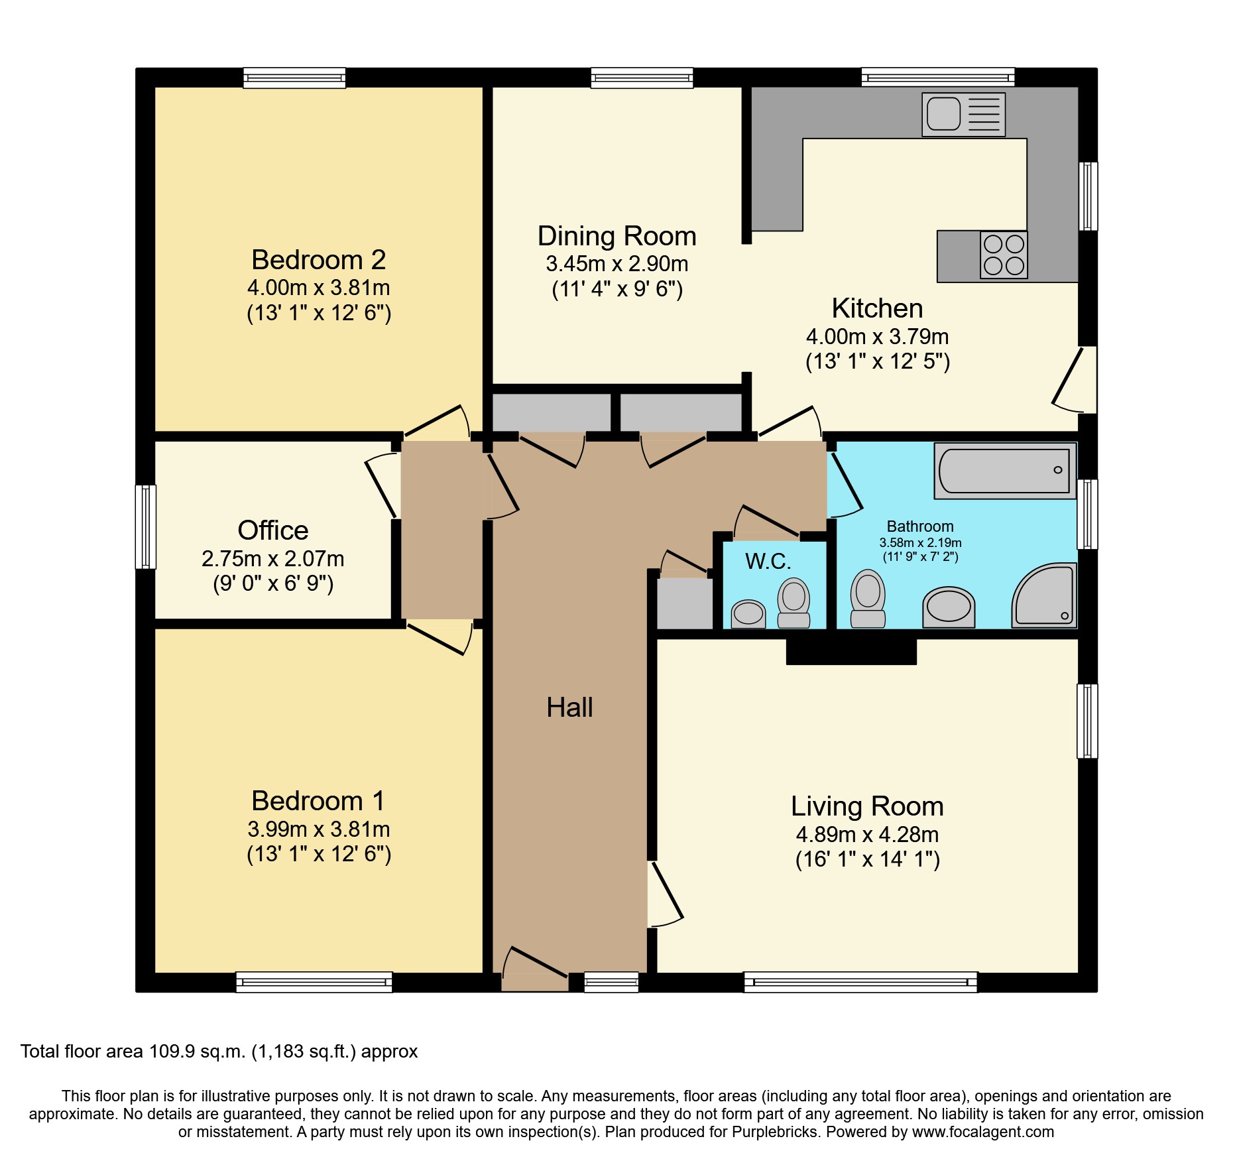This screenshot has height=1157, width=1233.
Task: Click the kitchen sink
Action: pyautogui.click(x=963, y=115)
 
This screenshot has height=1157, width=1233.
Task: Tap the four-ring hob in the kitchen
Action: pyautogui.click(x=1004, y=255)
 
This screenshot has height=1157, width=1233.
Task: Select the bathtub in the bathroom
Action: pyautogui.click(x=1005, y=471)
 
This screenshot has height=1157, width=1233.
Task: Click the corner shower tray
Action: pyautogui.click(x=1043, y=595)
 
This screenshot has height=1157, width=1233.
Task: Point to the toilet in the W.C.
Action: pyautogui.click(x=793, y=603)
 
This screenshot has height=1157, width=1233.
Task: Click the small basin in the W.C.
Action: pyautogui.click(x=748, y=614)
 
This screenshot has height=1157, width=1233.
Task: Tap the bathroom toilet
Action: pyautogui.click(x=868, y=599)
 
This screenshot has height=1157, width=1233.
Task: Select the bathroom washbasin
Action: pyautogui.click(x=949, y=607)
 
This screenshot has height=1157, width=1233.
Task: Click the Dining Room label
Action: pyautogui.click(x=616, y=236)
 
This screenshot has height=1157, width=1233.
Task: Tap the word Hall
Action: pyautogui.click(x=569, y=707)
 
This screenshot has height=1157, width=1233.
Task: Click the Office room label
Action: pyautogui.click(x=273, y=530)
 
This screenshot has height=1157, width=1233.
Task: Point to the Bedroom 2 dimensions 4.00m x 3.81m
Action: pyautogui.click(x=319, y=288)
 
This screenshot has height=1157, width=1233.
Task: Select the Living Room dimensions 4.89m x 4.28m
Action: pyautogui.click(x=867, y=835)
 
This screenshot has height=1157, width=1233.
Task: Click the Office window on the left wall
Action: pyautogui.click(x=146, y=527)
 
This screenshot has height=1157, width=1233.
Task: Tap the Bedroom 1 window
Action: pyautogui.click(x=314, y=982)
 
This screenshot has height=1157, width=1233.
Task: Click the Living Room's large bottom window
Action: pyautogui.click(x=860, y=982)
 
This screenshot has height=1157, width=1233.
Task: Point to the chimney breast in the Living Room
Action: pyautogui.click(x=851, y=651)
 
